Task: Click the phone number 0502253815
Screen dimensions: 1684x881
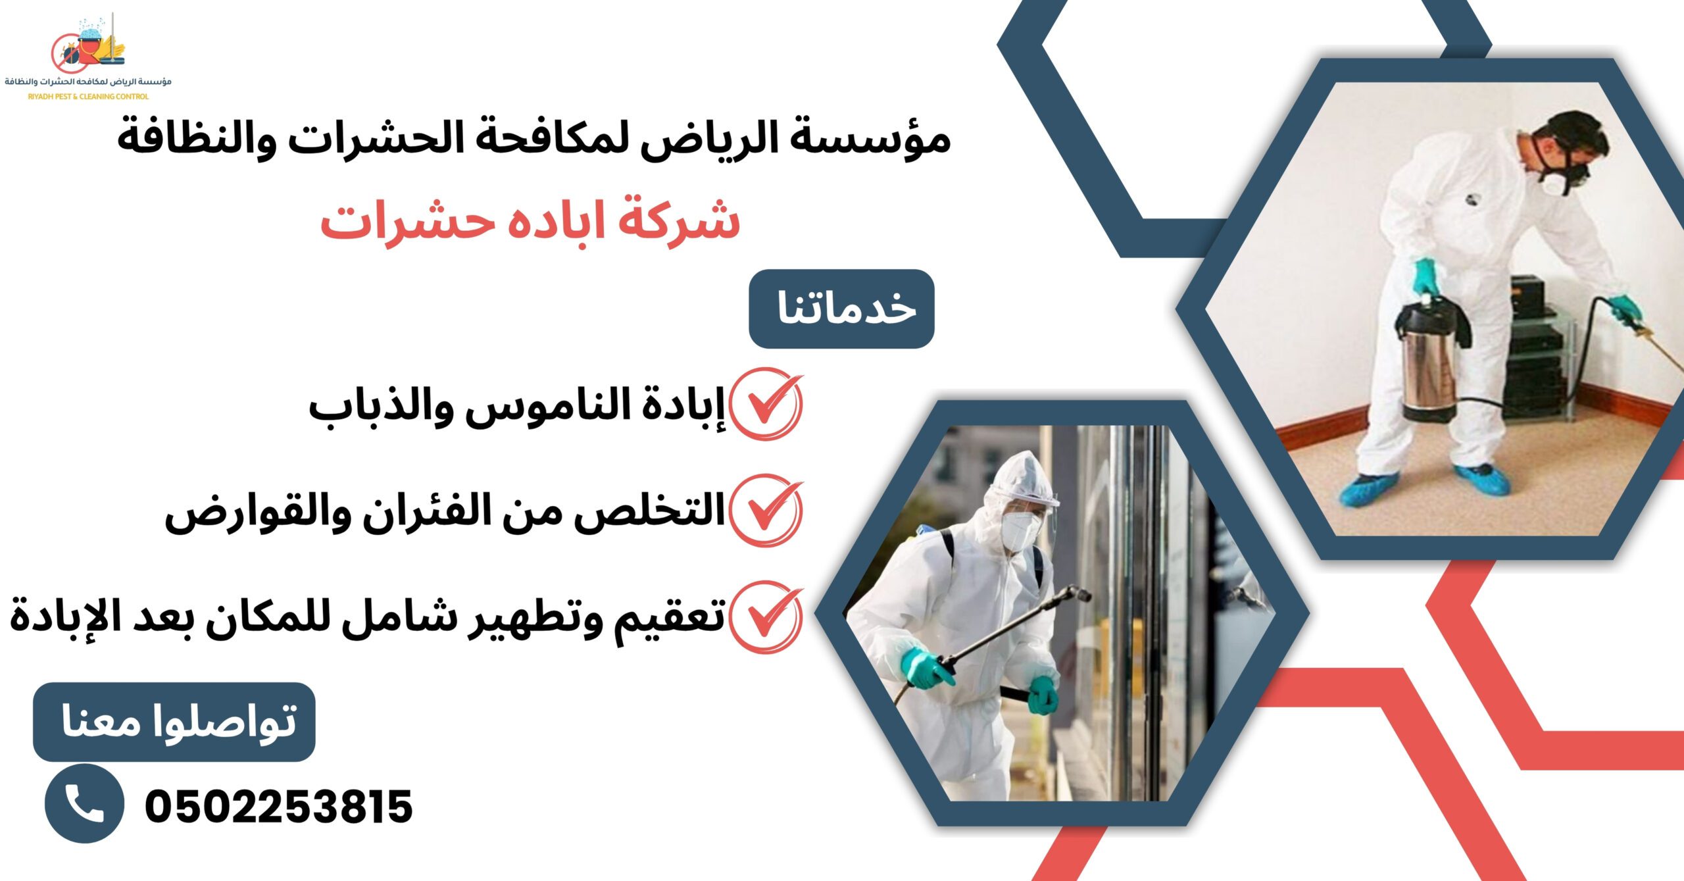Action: [278, 807]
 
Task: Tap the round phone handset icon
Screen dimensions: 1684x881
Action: [84, 803]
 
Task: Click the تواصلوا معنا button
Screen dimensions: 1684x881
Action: [174, 722]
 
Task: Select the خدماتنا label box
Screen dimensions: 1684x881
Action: [841, 309]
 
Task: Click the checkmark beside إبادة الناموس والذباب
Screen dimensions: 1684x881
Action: [766, 404]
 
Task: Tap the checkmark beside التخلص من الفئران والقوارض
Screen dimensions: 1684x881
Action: [766, 511]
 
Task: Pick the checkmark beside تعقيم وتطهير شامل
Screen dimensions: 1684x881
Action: [766, 617]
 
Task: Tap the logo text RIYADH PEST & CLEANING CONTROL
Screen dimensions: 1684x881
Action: [88, 96]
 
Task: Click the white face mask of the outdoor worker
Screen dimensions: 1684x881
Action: [1020, 530]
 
